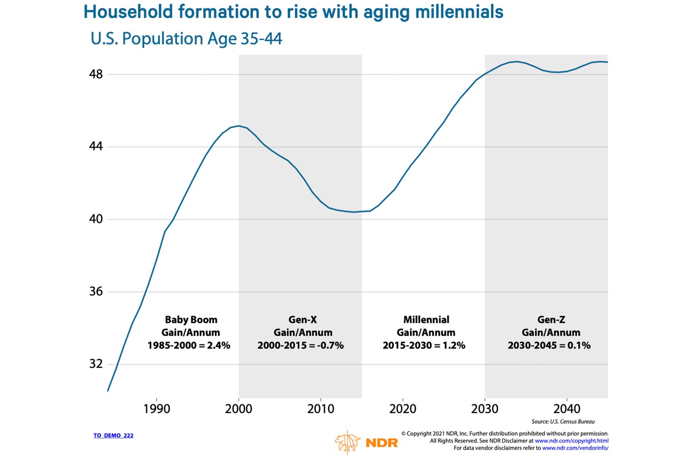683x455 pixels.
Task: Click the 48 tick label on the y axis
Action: coord(96,74)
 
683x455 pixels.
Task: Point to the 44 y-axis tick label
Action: coord(96,146)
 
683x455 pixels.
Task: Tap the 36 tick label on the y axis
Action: coord(96,291)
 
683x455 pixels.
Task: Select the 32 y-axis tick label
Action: coord(96,364)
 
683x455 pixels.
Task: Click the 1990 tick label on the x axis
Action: coord(157,409)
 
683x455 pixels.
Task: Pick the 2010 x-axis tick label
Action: coord(321,409)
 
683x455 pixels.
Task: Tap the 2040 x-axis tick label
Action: coord(567,409)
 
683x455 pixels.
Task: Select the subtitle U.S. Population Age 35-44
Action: coord(186,38)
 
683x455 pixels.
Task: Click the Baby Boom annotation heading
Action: coord(191,320)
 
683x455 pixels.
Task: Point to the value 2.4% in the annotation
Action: coord(219,346)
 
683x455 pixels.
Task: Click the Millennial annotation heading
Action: coord(426,320)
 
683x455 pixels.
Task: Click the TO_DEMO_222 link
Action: coord(113,436)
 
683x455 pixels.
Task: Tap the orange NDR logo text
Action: coord(382,443)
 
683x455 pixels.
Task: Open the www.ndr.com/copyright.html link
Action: coord(572,441)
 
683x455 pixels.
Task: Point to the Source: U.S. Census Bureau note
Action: coord(563,421)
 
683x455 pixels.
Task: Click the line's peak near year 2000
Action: coord(239,126)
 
